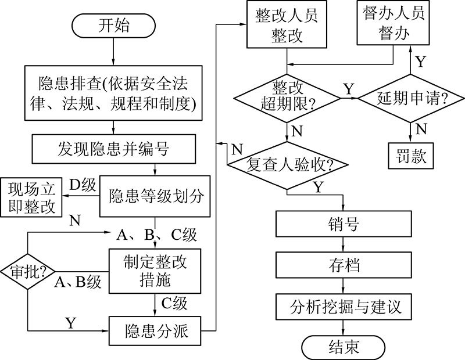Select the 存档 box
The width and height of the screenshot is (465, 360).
[x=344, y=265]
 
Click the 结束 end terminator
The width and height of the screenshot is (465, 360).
[x=344, y=346]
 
